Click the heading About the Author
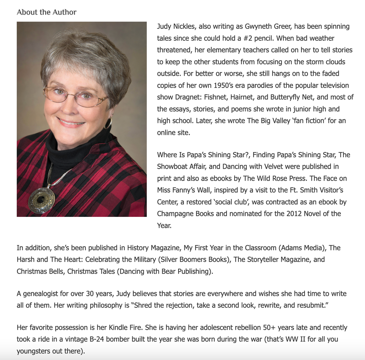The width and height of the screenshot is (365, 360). tap(46, 12)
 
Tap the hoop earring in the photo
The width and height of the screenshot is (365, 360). tap(109, 123)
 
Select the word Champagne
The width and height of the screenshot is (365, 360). tap(176, 214)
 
